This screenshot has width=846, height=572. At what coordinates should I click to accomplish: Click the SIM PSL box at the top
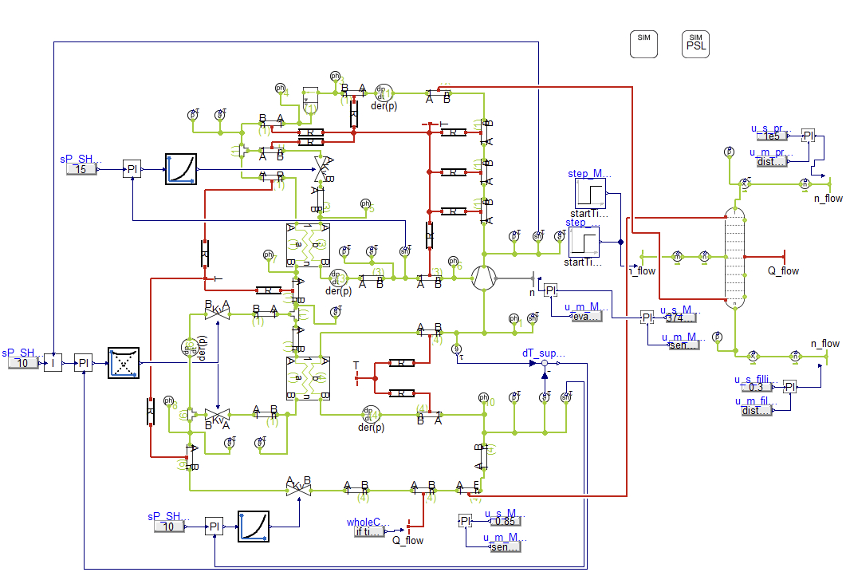(x=695, y=44)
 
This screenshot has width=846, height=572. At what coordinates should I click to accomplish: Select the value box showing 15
(x=81, y=169)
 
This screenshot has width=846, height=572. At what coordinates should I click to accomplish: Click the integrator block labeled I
(x=53, y=363)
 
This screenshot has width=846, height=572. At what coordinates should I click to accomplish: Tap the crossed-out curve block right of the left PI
(x=124, y=362)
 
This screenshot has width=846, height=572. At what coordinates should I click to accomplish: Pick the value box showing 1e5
(x=772, y=136)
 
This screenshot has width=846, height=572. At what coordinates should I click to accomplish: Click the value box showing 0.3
(x=756, y=387)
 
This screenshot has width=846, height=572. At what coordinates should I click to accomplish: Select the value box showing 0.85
(x=505, y=522)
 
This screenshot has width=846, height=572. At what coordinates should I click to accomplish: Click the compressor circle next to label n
(x=484, y=277)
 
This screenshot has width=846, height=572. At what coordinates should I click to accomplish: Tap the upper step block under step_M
(x=591, y=194)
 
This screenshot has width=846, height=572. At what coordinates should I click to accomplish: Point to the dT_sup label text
(x=543, y=352)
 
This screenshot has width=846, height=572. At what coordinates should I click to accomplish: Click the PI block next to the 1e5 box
(x=809, y=136)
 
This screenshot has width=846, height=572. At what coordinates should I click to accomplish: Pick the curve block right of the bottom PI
(x=254, y=527)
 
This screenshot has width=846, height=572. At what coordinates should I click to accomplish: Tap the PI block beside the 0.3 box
(x=789, y=387)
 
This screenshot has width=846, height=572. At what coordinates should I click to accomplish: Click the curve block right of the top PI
(x=180, y=169)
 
